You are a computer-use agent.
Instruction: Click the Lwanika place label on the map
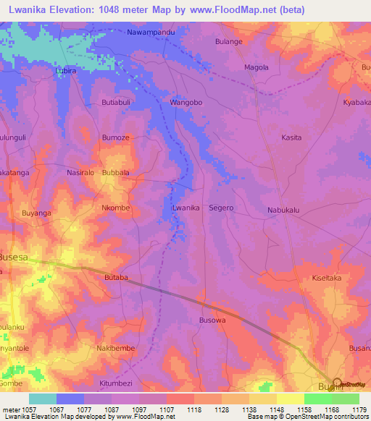click(185, 208)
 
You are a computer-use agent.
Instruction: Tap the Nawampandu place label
click(151, 33)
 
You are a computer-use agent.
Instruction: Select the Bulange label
click(229, 42)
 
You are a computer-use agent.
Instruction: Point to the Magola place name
click(257, 67)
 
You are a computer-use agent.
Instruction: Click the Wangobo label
click(185, 103)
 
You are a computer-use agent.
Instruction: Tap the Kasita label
click(291, 137)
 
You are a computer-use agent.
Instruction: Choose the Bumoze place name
click(116, 137)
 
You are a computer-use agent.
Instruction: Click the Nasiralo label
click(80, 174)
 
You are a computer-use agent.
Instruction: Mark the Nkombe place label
click(115, 208)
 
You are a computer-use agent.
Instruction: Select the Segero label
click(222, 208)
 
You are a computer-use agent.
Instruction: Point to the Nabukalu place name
click(283, 210)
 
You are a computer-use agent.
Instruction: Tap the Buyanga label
click(37, 213)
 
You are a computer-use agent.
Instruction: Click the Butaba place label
click(116, 277)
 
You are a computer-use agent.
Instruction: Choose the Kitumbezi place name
click(116, 382)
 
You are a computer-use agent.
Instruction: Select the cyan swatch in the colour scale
click(43, 399)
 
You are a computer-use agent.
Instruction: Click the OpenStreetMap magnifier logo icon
click(337, 383)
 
